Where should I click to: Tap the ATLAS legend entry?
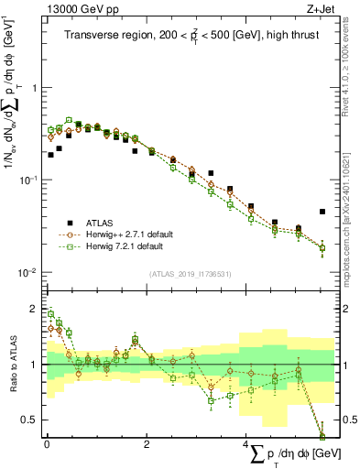[106, 223]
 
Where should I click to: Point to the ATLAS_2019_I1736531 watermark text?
[190, 273]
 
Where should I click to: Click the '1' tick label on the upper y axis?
[34, 88]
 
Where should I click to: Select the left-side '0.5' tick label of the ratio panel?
[30, 420]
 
